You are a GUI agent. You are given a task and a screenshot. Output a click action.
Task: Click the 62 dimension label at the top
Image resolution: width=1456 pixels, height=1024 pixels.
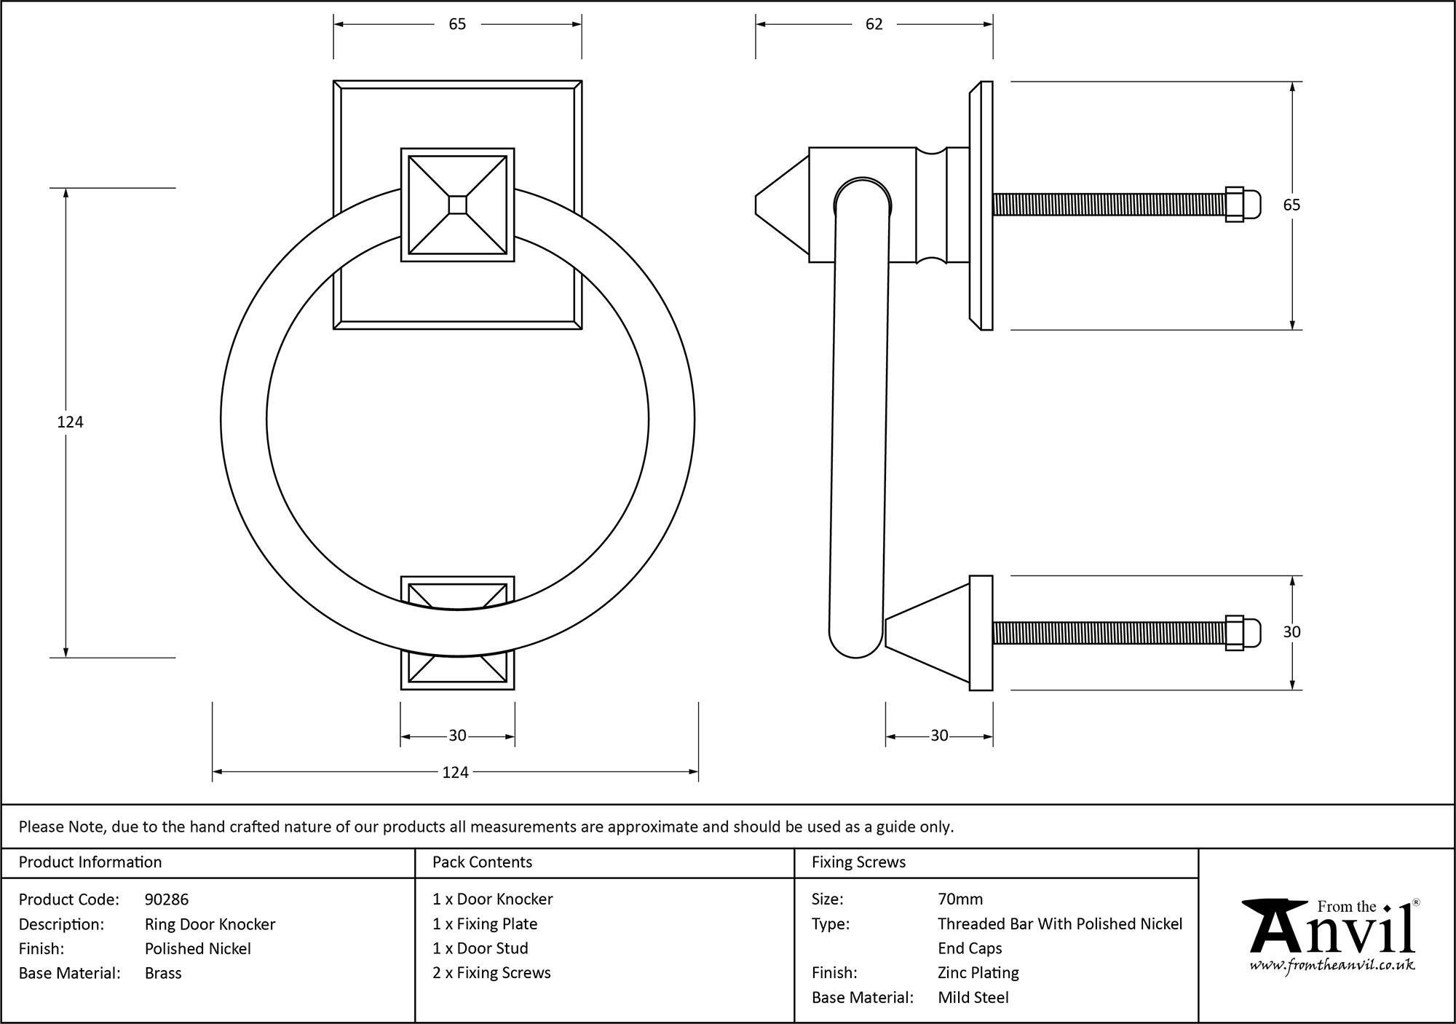pyautogui.click(x=874, y=25)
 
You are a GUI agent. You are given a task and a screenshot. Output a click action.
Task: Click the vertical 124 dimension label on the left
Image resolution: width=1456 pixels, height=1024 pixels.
pyautogui.click(x=71, y=422)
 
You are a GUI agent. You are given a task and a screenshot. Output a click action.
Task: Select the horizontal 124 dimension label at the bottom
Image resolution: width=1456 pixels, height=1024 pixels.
pyautogui.click(x=455, y=772)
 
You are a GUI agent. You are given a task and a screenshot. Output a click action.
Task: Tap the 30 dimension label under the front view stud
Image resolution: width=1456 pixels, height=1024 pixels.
pyautogui.click(x=457, y=736)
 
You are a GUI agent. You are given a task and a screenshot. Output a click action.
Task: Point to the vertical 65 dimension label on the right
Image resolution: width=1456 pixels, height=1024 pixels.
pyautogui.click(x=1291, y=205)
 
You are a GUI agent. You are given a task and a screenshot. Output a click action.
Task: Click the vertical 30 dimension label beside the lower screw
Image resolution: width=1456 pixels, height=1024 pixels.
pyautogui.click(x=1291, y=632)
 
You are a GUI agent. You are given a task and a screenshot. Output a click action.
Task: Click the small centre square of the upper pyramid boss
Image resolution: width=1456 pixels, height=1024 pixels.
pyautogui.click(x=457, y=205)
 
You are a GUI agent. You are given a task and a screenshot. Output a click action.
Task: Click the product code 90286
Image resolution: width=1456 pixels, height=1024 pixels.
pyautogui.click(x=167, y=899)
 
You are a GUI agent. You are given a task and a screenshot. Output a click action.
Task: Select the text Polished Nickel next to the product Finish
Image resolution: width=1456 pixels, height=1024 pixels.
pyautogui.click(x=197, y=948)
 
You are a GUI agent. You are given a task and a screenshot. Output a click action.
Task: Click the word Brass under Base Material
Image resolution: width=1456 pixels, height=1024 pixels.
pyautogui.click(x=163, y=973)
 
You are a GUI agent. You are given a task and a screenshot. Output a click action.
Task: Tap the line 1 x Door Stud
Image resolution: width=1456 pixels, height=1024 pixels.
pyautogui.click(x=480, y=948)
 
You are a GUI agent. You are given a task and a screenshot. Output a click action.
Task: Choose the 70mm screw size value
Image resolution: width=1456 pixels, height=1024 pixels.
pyautogui.click(x=960, y=899)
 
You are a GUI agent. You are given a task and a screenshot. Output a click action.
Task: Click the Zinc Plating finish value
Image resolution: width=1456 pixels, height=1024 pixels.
pyautogui.click(x=978, y=973)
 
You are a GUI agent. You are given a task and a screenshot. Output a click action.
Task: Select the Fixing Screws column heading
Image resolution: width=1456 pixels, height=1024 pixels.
pyautogui.click(x=858, y=862)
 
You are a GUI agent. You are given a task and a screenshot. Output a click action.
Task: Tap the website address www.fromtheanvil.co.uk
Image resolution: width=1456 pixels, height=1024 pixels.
pyautogui.click(x=1332, y=966)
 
